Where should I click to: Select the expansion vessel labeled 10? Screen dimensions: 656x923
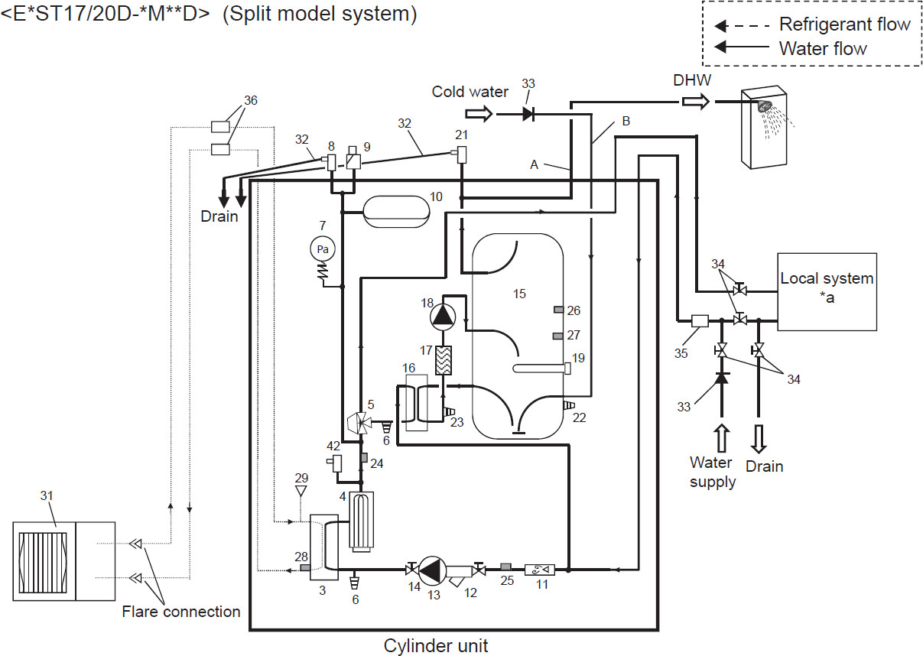pos(395,211)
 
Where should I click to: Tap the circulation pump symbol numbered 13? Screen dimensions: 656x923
pos(433,570)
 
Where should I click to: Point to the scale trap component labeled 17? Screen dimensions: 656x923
pos(443,359)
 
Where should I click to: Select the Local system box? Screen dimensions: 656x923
pos(827,291)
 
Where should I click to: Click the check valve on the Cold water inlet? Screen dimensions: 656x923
pos(528,114)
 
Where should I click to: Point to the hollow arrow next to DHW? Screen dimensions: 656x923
pos(696,102)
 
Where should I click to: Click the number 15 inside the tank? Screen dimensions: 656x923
pos(519,294)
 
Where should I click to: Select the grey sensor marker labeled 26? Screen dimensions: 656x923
pos(560,310)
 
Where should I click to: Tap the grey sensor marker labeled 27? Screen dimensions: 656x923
pos(560,336)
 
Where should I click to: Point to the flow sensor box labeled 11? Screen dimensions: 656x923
pos(539,569)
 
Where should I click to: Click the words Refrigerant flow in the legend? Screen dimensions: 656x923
pos(844,24)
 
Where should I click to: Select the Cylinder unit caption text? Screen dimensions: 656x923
pos(435,645)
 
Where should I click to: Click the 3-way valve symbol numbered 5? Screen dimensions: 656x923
pos(359,421)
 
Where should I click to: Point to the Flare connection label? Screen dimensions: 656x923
pos(181,612)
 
